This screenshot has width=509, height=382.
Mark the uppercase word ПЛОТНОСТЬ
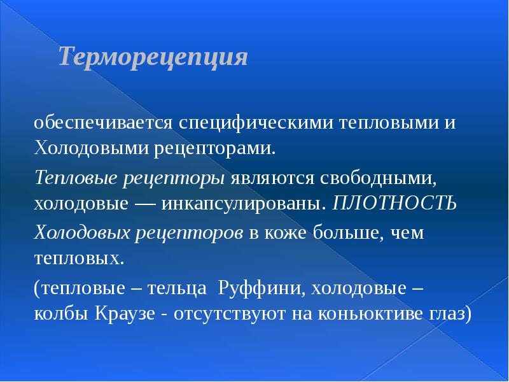(x=394, y=204)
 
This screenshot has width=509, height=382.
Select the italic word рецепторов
(x=190, y=232)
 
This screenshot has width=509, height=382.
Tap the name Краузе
(x=125, y=315)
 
